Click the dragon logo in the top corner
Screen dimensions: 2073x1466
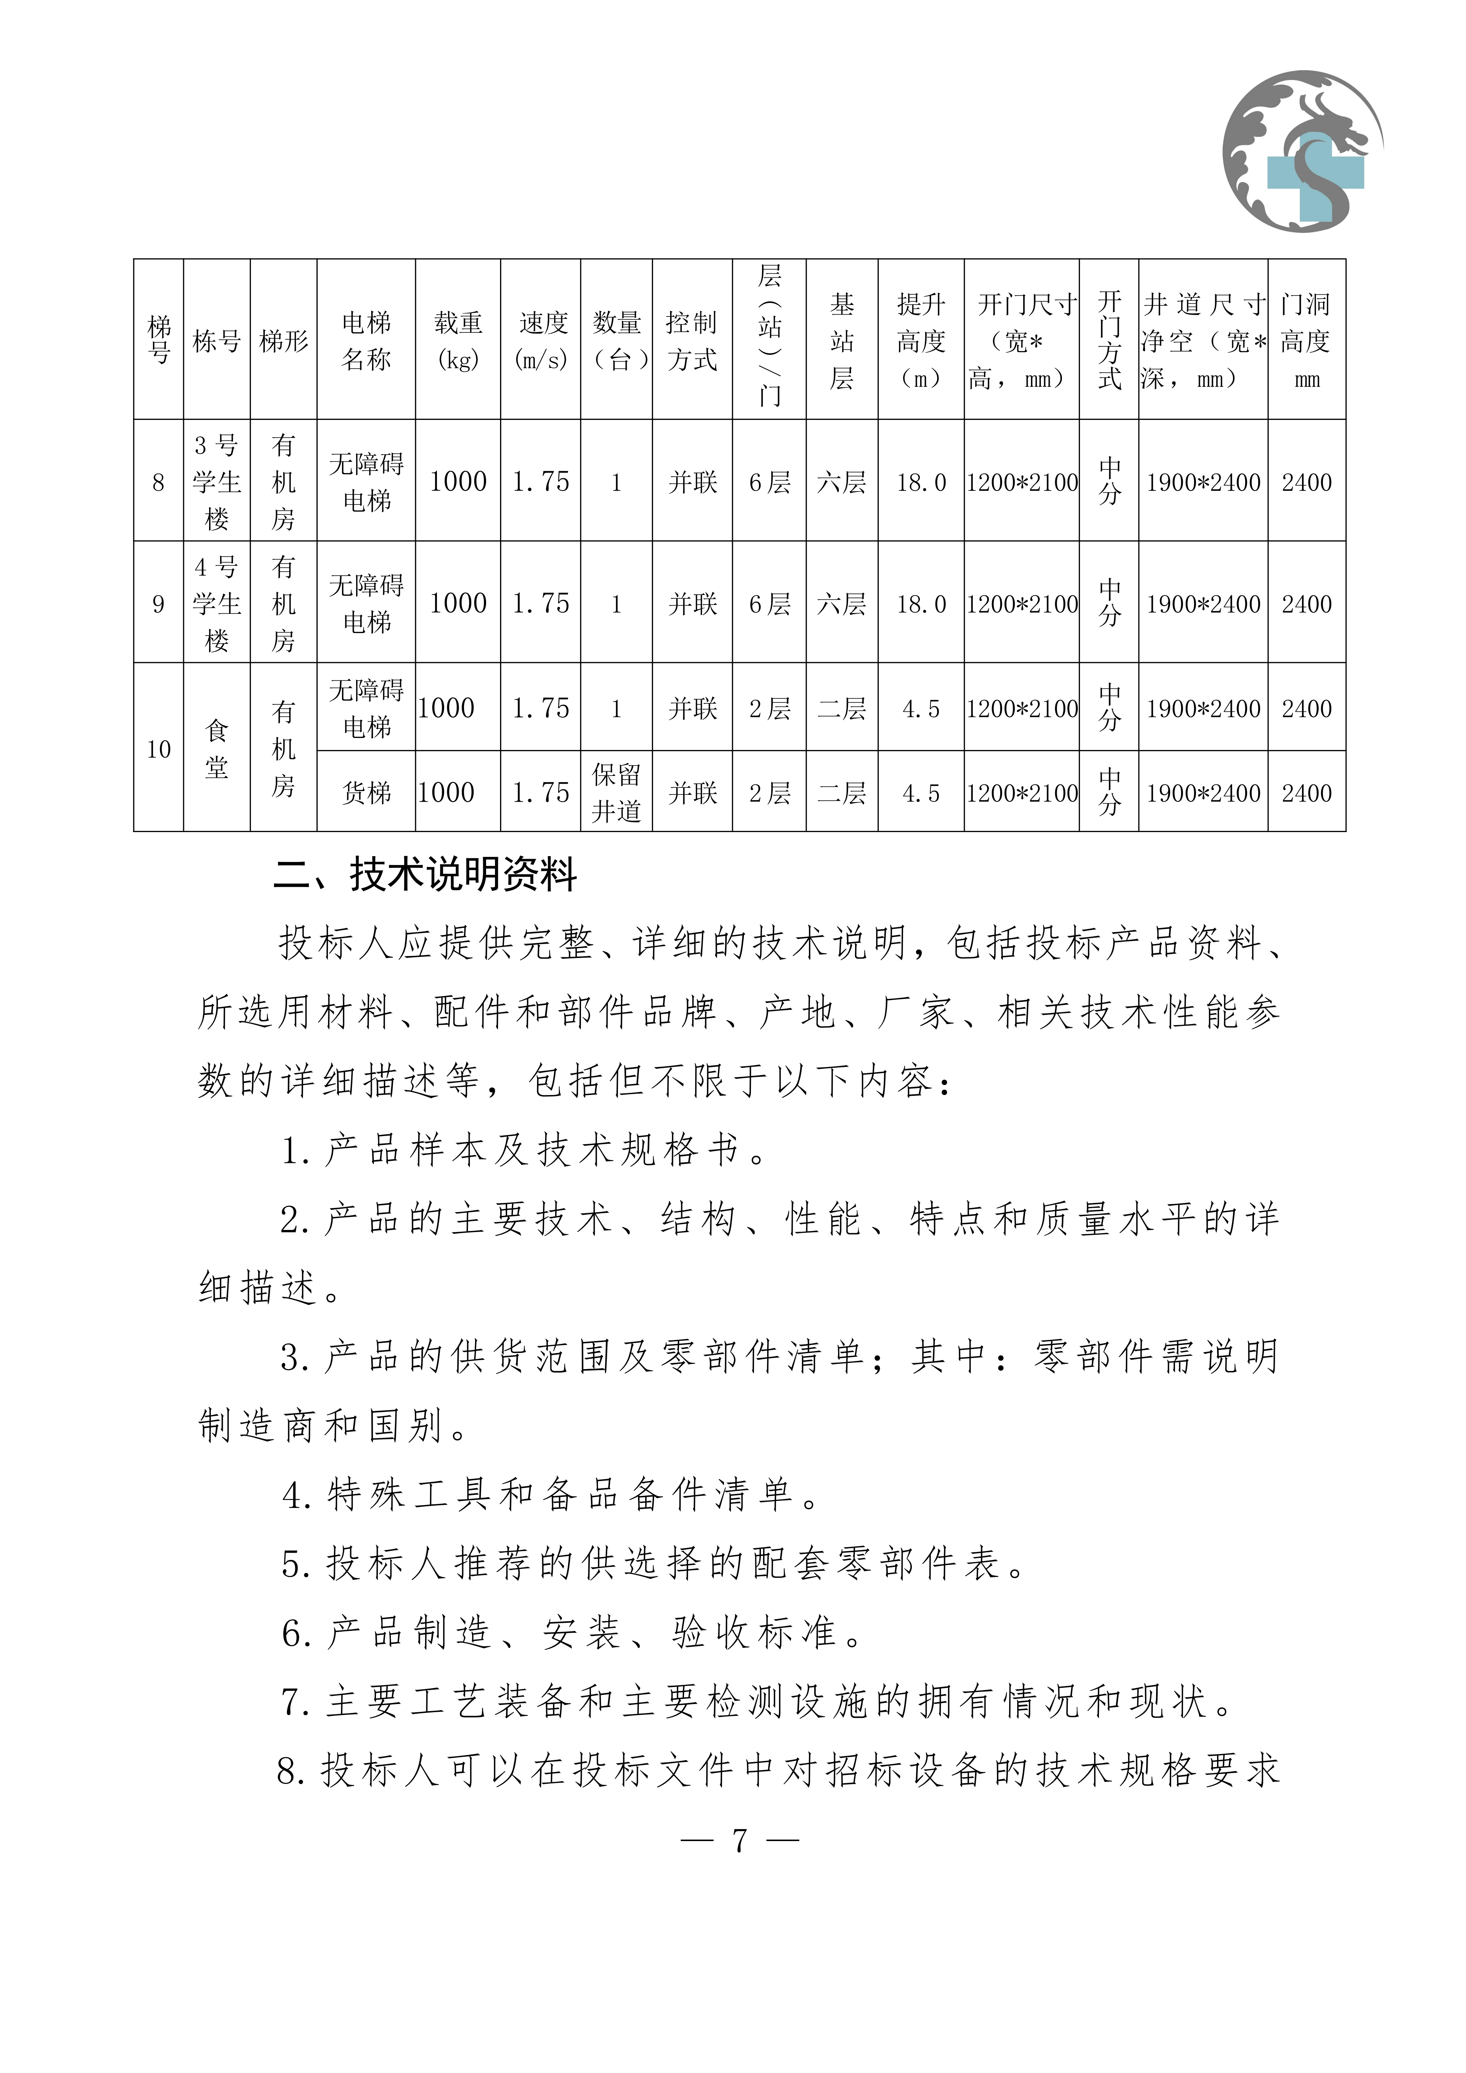tap(1303, 151)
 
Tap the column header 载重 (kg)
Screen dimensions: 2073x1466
tap(458, 341)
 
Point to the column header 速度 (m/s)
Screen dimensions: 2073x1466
tap(541, 341)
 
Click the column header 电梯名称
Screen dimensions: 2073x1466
tap(366, 341)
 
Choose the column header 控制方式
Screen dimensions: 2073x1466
tap(693, 341)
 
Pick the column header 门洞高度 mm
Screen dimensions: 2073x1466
tap(1306, 341)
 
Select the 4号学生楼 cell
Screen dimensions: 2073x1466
tap(217, 603)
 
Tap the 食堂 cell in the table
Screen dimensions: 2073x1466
tap(217, 748)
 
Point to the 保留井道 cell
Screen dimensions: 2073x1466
tap(616, 792)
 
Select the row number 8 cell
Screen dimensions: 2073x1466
tap(159, 482)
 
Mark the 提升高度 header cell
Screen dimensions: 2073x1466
tap(921, 341)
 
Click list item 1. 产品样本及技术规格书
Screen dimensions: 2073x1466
tap(524, 1150)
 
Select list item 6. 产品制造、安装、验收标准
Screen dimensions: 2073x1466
tap(573, 1632)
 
